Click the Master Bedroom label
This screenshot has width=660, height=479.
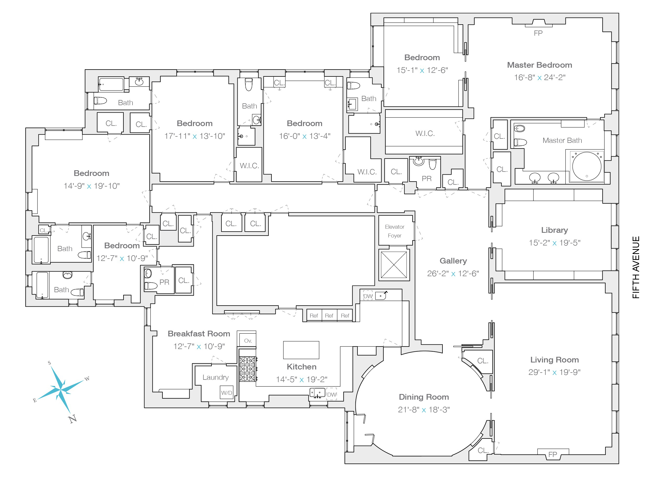point(540,65)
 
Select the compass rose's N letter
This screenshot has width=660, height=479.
point(73,419)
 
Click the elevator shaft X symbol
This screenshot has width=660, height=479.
point(394,265)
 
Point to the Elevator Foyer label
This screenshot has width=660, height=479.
point(395,231)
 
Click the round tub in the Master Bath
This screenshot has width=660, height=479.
point(587,166)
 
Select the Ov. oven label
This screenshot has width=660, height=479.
point(248,341)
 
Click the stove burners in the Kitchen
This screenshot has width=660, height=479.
point(248,369)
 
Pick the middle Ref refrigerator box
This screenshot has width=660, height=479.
point(329,315)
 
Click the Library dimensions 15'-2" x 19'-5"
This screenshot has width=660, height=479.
point(554,243)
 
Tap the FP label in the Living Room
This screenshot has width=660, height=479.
point(553,454)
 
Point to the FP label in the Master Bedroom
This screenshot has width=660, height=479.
point(538,33)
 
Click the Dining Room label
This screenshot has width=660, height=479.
point(424,397)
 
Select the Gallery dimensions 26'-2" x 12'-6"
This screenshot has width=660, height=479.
point(453,274)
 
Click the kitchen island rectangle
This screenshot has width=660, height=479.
point(301,350)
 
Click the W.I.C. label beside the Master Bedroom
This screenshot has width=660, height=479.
point(425,133)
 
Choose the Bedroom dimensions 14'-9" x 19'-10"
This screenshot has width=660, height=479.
point(92,186)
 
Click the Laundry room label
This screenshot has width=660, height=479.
point(215,377)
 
